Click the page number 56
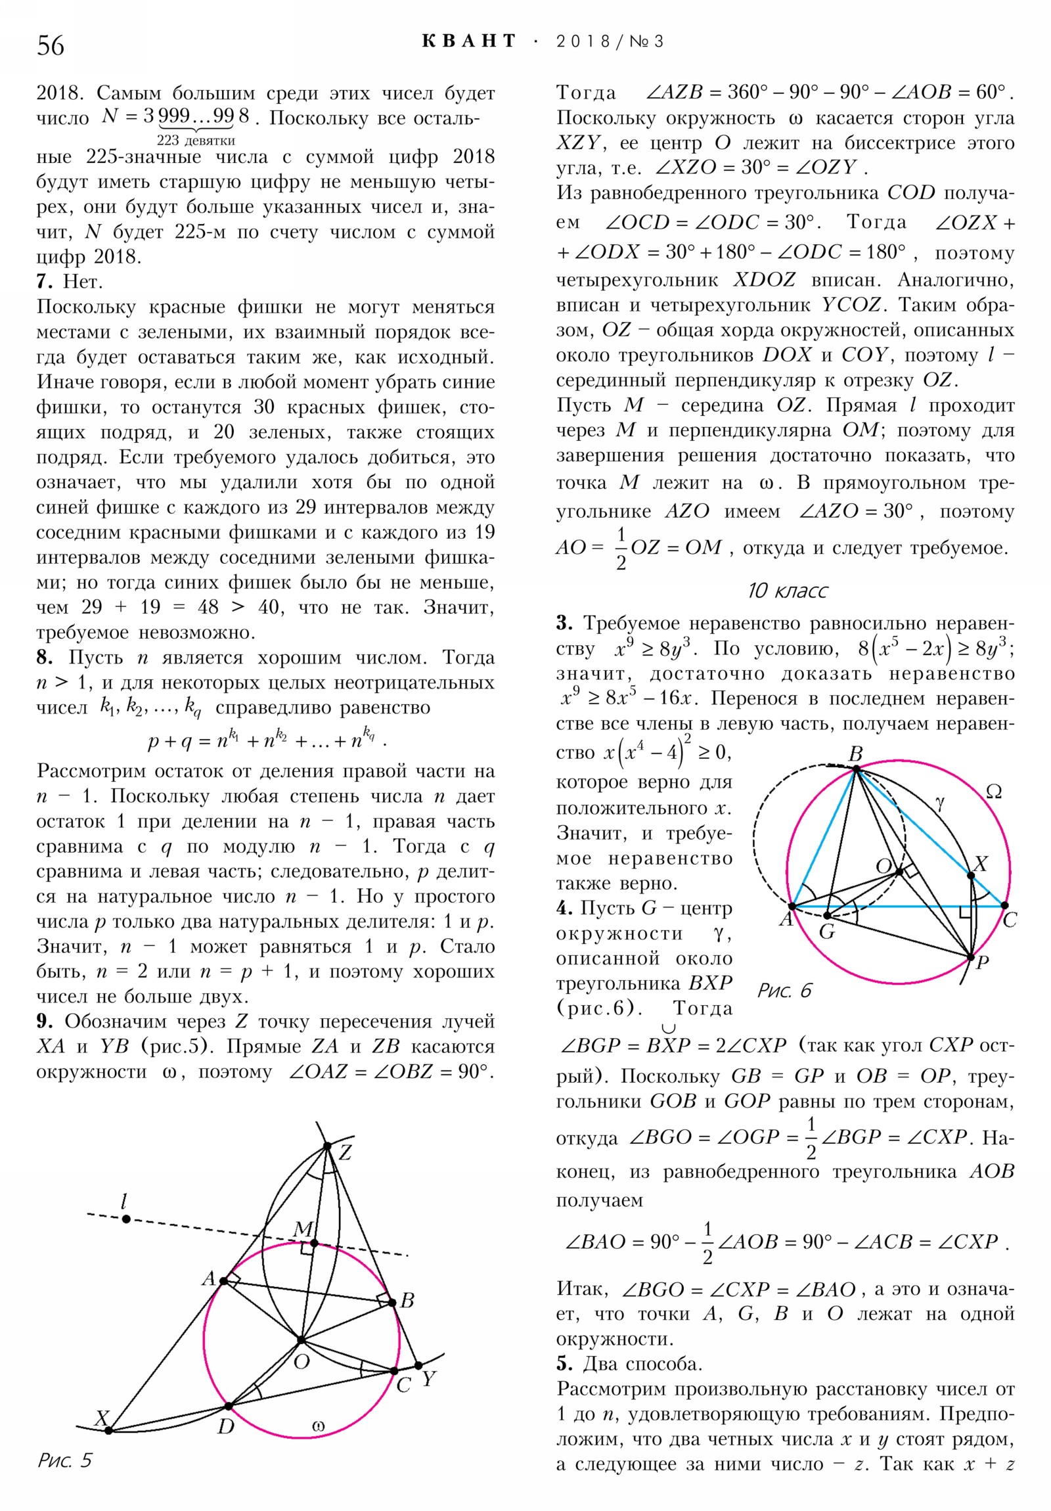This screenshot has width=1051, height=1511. tap(51, 45)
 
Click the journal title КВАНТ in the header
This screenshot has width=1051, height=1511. tap(468, 41)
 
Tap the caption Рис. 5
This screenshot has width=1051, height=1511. tap(64, 1460)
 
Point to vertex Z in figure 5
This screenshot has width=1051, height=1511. tap(327, 1146)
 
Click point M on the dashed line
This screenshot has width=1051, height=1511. tap(315, 1243)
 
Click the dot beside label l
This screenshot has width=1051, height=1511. tap(126, 1219)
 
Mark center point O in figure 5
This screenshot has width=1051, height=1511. tap(301, 1340)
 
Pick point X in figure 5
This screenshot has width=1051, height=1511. tap(109, 1430)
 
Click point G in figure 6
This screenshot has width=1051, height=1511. tap(827, 915)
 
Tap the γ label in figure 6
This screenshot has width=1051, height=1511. tap(940, 801)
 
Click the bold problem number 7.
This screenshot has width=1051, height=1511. tap(43, 282)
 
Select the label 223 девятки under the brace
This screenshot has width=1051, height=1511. tap(196, 140)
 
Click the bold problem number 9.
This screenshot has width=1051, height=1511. tap(43, 1022)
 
